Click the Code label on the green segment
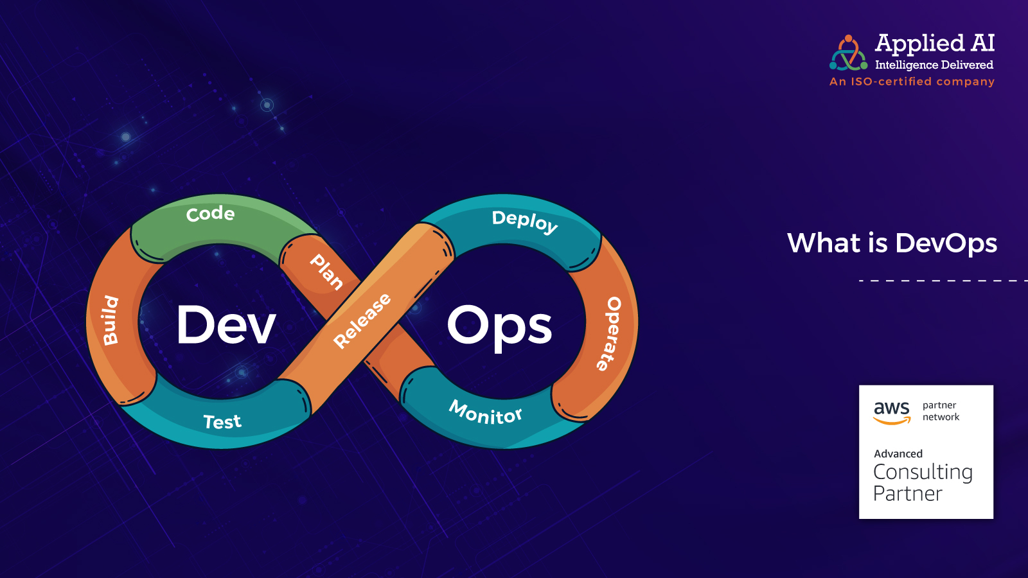click(210, 214)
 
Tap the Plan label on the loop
click(326, 272)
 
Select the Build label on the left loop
click(111, 320)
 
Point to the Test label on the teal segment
click(222, 421)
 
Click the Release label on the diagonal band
click(362, 320)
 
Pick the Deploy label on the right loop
click(525, 222)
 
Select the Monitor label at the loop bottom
click(485, 412)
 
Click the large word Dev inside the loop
click(226, 325)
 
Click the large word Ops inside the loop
click(499, 328)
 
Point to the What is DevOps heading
click(892, 243)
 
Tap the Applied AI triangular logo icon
click(849, 53)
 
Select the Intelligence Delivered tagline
click(934, 65)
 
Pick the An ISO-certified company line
click(912, 82)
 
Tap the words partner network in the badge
click(941, 411)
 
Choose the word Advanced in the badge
click(898, 453)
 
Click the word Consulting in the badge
click(923, 473)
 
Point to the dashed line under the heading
click(944, 280)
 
